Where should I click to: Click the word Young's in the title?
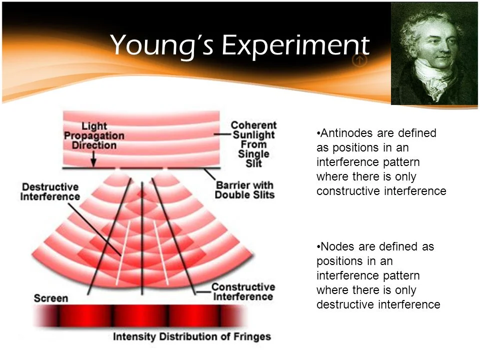coord(162,46)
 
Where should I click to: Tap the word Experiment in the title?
coord(295,45)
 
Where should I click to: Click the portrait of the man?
coord(434,54)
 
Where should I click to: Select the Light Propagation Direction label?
coord(94,135)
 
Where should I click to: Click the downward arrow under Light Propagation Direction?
coord(93,158)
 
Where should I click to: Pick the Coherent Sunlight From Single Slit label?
coord(253,144)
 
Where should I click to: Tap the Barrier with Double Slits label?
coord(244,190)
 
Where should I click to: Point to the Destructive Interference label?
coord(50,191)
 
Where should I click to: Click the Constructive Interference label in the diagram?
coord(243,291)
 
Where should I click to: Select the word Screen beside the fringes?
coord(51,298)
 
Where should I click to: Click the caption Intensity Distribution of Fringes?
coord(192,336)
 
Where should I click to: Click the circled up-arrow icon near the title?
coord(359,60)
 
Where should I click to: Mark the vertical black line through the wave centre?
coord(142,238)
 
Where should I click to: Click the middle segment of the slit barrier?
coord(141,168)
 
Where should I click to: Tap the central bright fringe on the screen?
coord(141,315)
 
